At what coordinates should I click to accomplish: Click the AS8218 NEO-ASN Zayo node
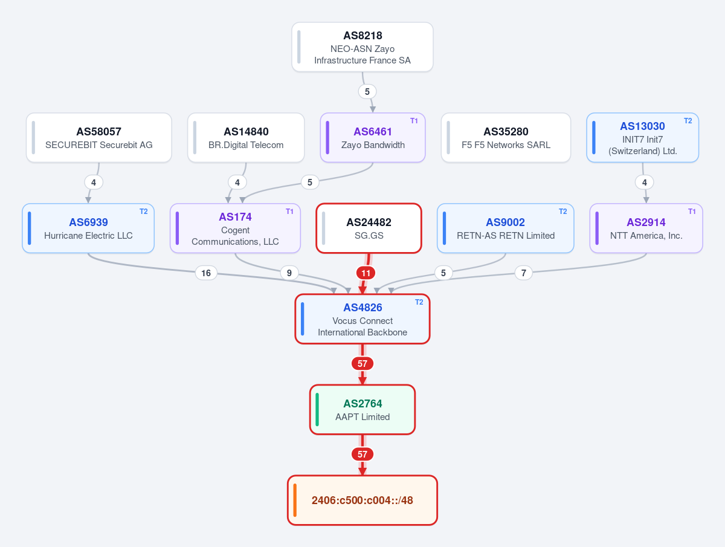pos(362,47)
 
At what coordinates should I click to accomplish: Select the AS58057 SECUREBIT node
pos(98,138)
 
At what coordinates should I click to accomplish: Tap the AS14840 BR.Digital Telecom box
pos(246,138)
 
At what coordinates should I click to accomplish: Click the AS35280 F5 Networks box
pos(506,138)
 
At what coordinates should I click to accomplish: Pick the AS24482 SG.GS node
pos(369,228)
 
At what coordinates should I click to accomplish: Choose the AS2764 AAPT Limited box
pos(362,410)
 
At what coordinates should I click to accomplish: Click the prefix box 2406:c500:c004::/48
pos(362,500)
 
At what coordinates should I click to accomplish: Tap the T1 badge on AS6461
pos(414,121)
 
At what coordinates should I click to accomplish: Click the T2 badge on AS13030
pos(688,121)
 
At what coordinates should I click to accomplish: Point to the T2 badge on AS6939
pos(143,212)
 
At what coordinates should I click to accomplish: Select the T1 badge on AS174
pos(289,212)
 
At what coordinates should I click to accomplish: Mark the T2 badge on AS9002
pos(563,212)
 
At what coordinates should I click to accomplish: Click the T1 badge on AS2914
pos(692,212)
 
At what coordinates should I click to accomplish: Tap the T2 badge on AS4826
pos(419,302)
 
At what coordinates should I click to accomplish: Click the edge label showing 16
pos(206,273)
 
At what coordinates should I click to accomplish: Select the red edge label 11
pos(366,273)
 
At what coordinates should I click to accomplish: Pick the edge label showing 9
pos(289,273)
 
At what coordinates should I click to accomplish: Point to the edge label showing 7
pos(524,273)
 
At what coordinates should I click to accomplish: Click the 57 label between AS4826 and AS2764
pos(362,363)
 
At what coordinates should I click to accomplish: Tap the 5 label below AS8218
pos(367,91)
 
